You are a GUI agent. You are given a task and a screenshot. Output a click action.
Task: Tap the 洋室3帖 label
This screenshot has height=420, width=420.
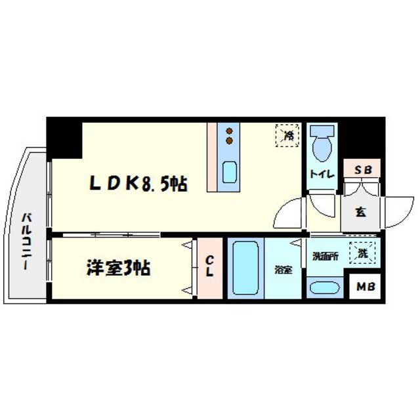pos(118,268)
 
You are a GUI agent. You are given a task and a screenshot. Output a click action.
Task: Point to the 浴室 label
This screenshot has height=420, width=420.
pos(283,270)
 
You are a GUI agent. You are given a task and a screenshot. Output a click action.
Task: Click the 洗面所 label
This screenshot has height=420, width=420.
pos(325,257)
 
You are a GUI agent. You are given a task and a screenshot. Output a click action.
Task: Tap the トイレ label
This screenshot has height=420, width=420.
pos(322,175)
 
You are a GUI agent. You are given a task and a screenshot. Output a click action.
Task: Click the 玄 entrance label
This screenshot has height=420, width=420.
pos(362,211)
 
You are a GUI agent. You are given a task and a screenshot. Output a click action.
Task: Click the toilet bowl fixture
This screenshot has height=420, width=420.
pos(322,146)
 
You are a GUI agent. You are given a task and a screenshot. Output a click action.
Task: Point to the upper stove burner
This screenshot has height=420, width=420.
pos(230,130)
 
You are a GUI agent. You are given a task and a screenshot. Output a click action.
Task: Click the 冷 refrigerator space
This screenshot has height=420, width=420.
pos(287,135)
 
